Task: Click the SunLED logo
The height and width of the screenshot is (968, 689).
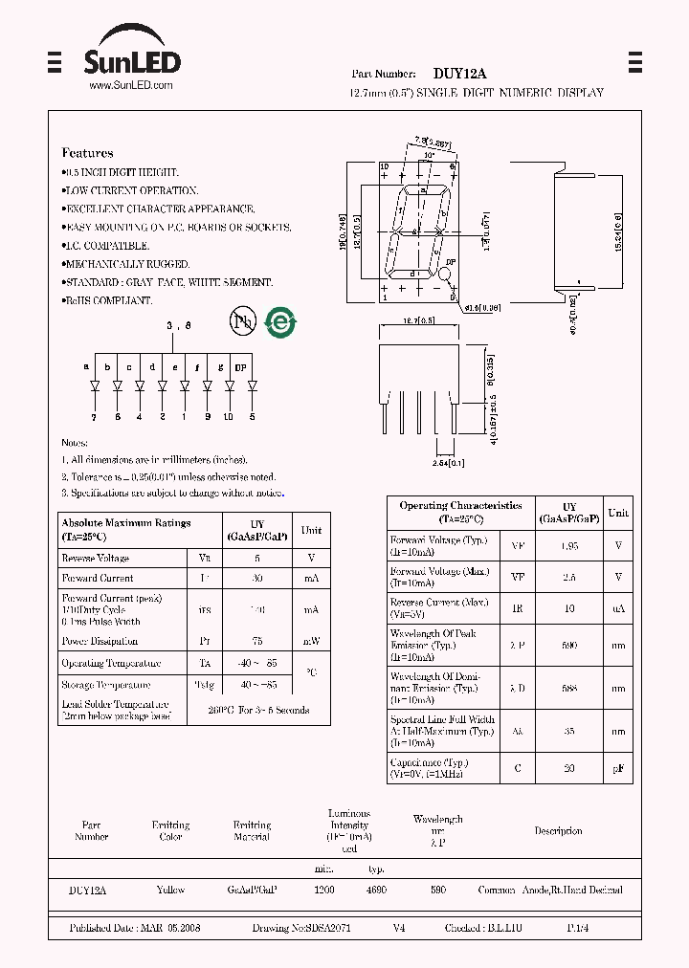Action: pos(132,59)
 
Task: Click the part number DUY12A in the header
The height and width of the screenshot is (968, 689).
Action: pos(459,74)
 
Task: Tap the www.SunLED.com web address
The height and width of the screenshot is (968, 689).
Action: pos(131,86)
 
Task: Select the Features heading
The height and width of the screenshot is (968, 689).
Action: pos(87,153)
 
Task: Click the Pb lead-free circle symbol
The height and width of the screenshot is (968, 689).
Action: pos(243,321)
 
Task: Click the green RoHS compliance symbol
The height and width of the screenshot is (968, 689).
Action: pos(280,322)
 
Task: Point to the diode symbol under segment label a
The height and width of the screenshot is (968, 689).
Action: pos(94,386)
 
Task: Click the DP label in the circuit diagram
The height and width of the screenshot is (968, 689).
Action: pos(240,366)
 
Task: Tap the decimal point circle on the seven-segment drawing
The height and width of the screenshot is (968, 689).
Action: pos(445,275)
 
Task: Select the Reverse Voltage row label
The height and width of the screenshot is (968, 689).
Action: pos(95,558)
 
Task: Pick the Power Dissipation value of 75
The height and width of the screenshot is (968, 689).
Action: pos(257,642)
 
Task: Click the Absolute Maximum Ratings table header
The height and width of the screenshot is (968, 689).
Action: pos(126,523)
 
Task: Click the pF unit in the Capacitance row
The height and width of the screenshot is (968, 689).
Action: pos(618,768)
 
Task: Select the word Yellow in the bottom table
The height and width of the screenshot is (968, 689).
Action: pos(170,890)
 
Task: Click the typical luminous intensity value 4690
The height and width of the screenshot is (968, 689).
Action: pos(376,890)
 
